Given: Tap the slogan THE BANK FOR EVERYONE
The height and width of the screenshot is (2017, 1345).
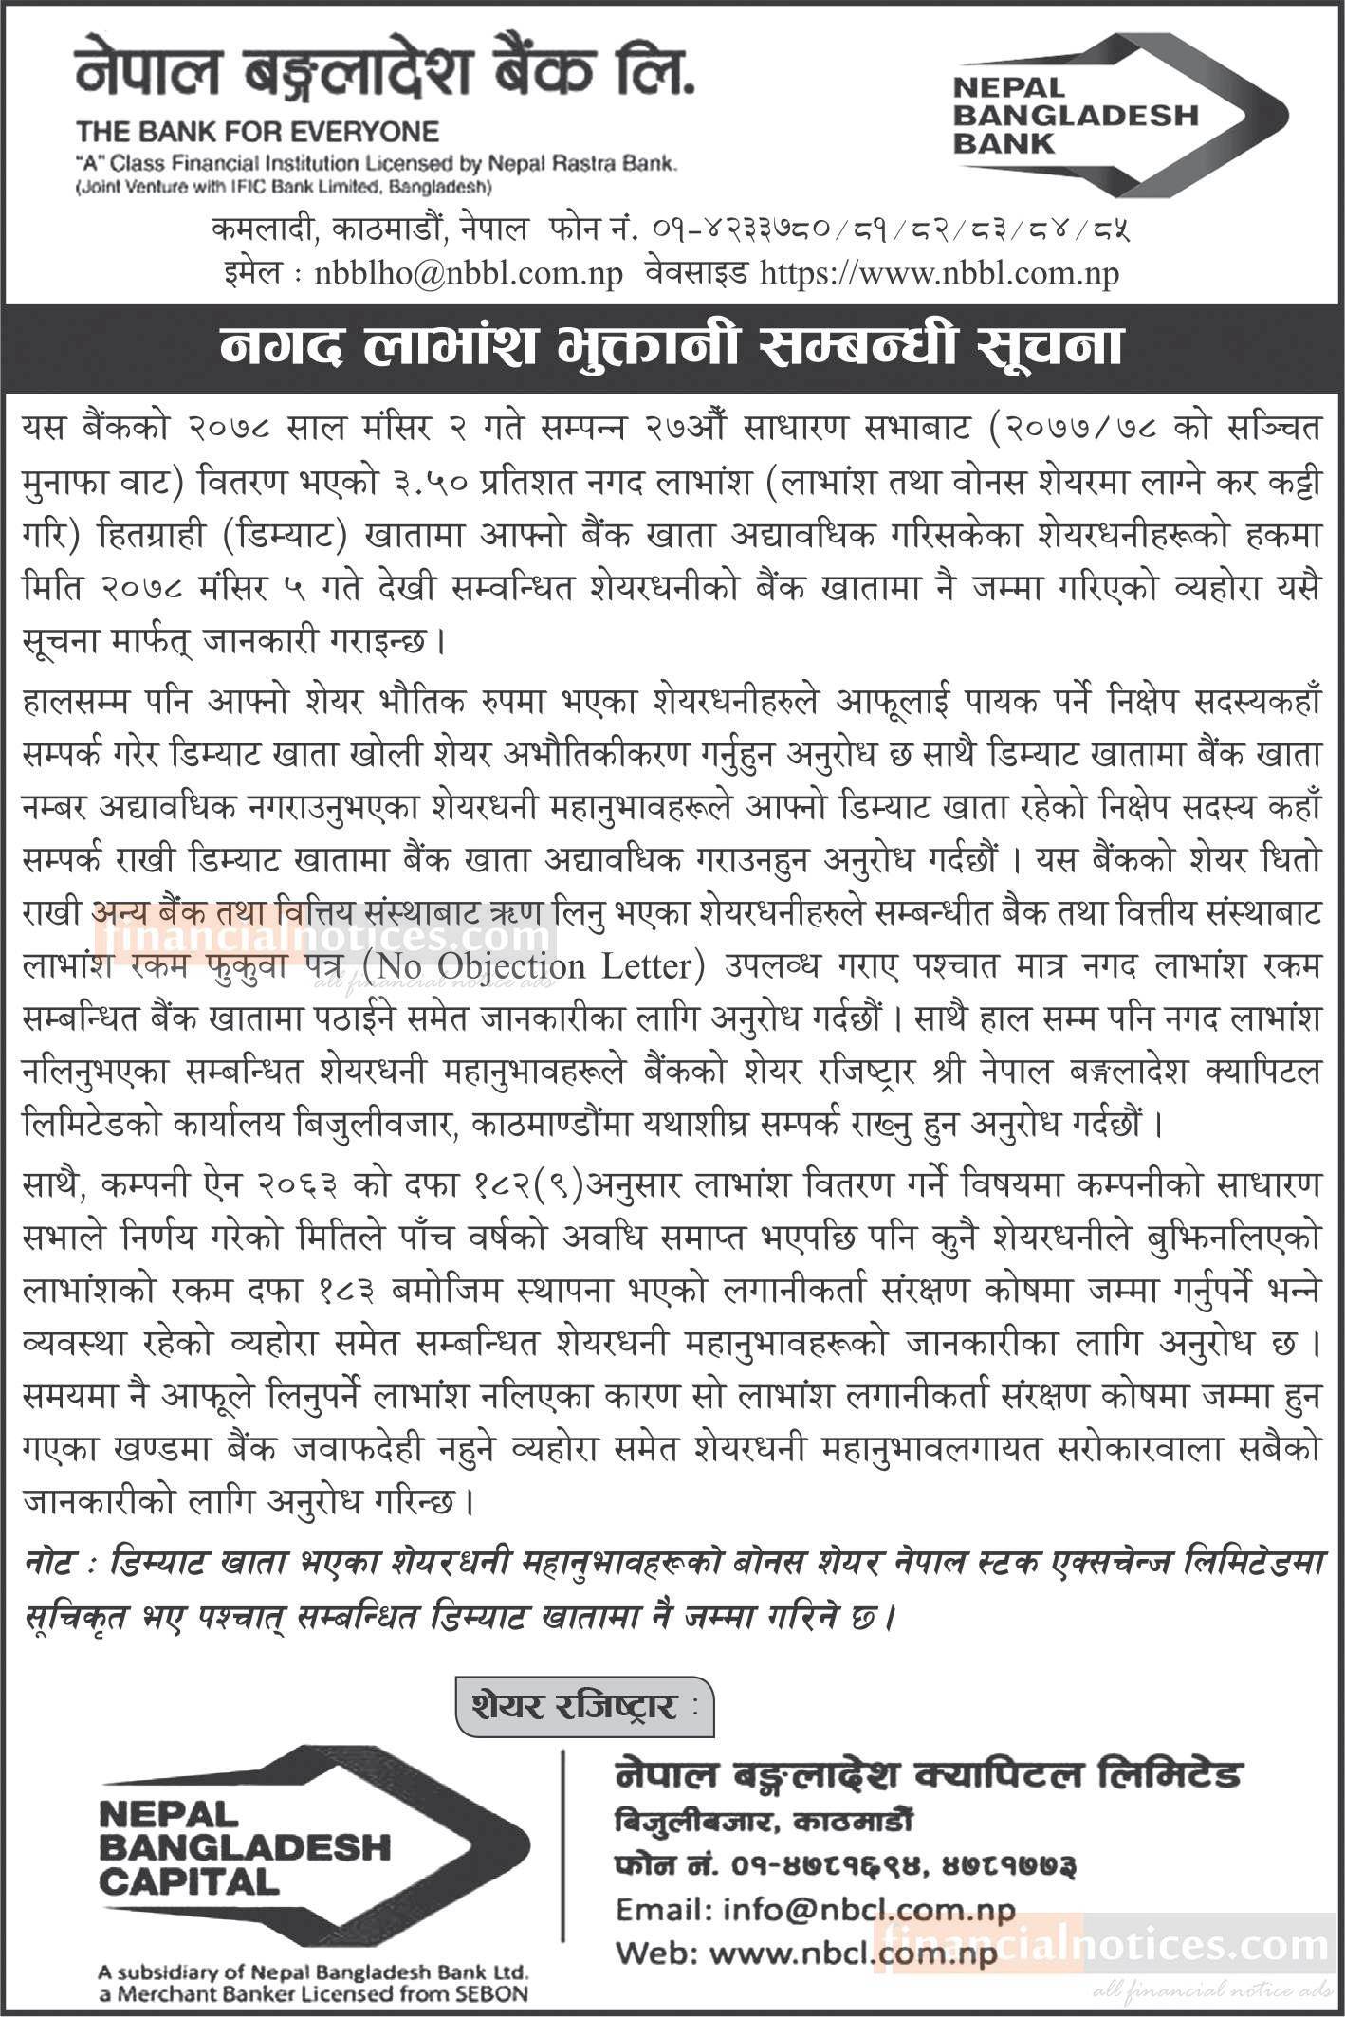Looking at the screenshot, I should [x=257, y=131].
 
